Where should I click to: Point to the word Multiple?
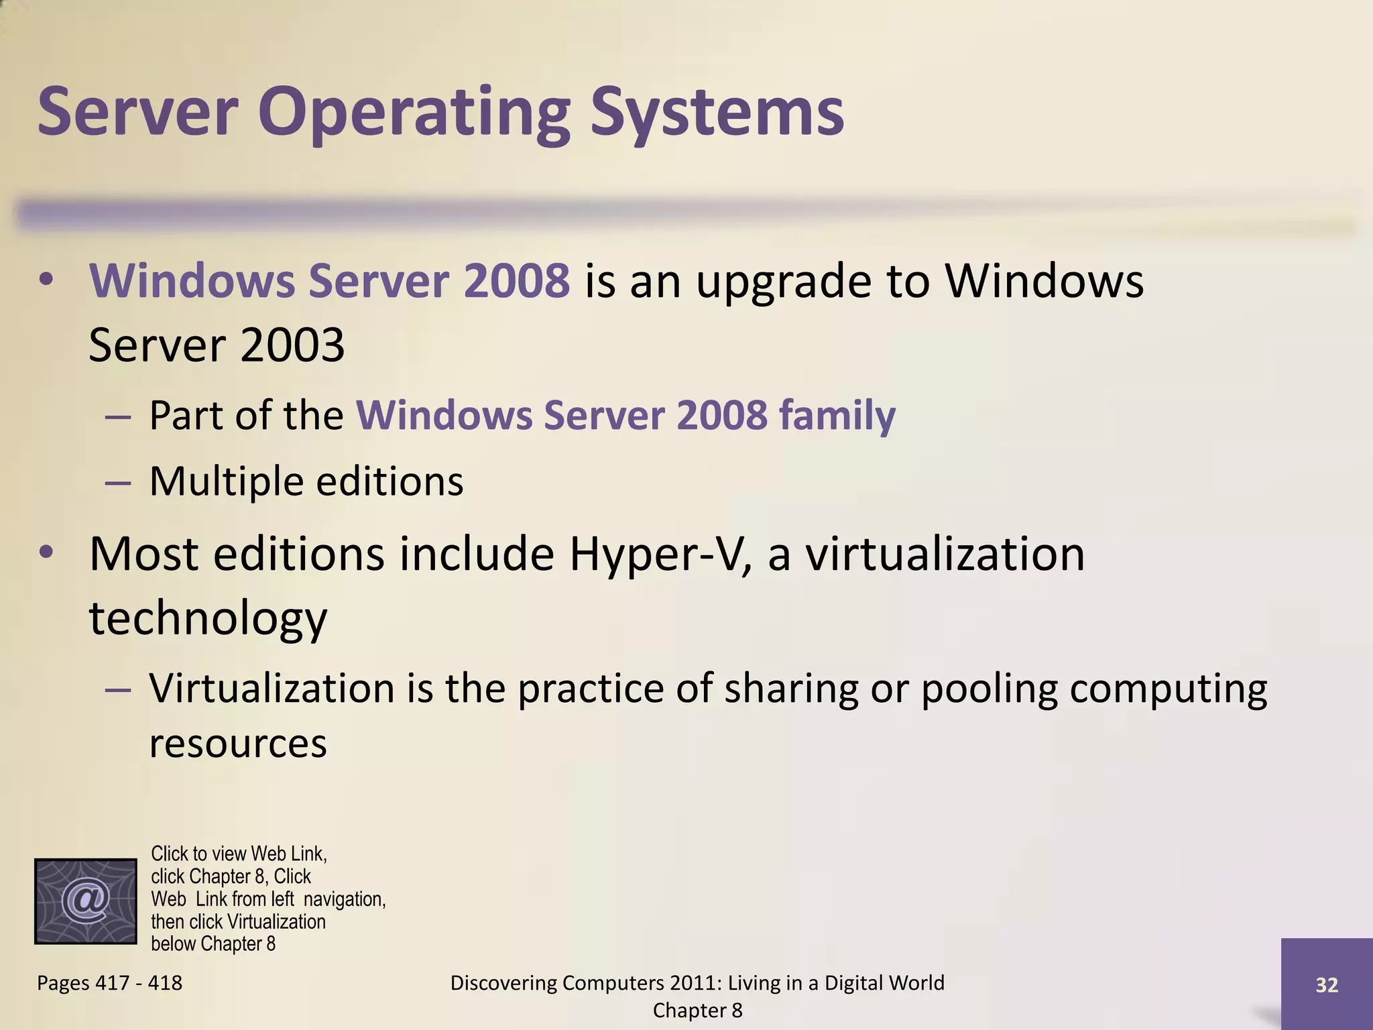[226, 481]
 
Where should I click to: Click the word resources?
[237, 743]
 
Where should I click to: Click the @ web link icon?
[86, 901]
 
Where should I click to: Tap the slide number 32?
[1327, 984]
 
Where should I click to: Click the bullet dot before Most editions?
[46, 553]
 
